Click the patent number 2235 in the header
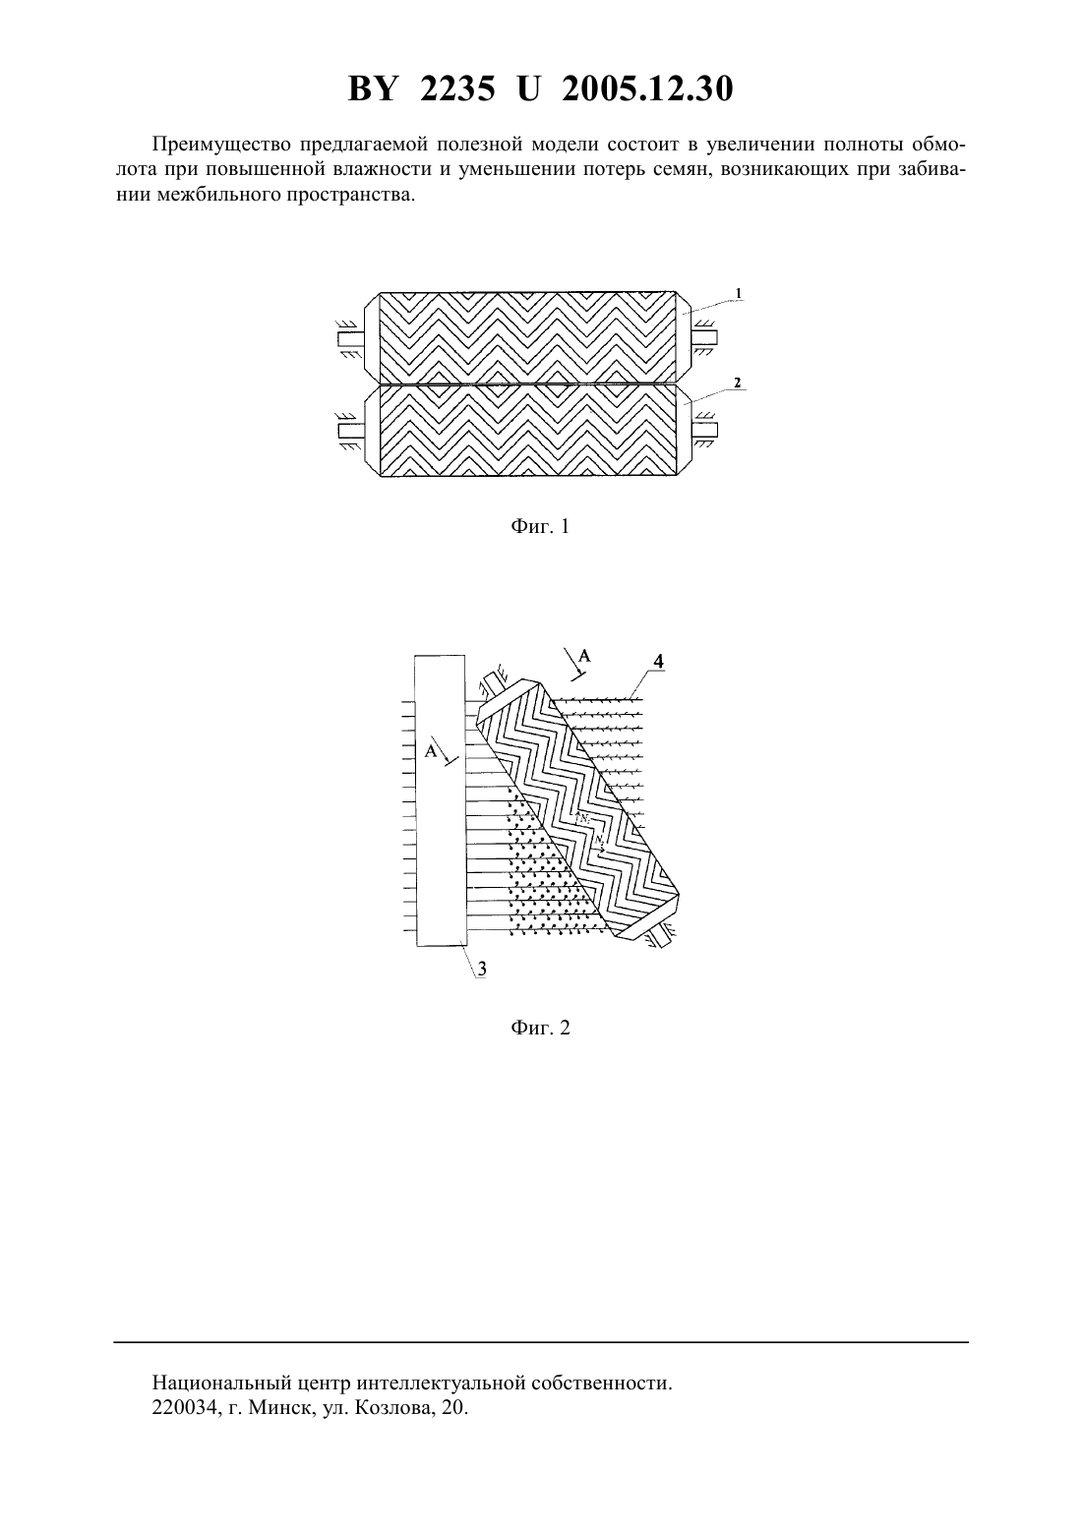(457, 88)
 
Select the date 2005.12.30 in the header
(647, 88)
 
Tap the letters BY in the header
(372, 88)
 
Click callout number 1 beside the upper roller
(738, 293)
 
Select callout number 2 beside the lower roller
(737, 382)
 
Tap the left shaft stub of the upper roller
(351, 337)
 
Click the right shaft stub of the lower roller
(704, 430)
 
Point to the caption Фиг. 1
(540, 526)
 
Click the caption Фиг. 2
(540, 1028)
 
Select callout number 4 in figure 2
(658, 661)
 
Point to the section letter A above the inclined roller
(584, 656)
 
